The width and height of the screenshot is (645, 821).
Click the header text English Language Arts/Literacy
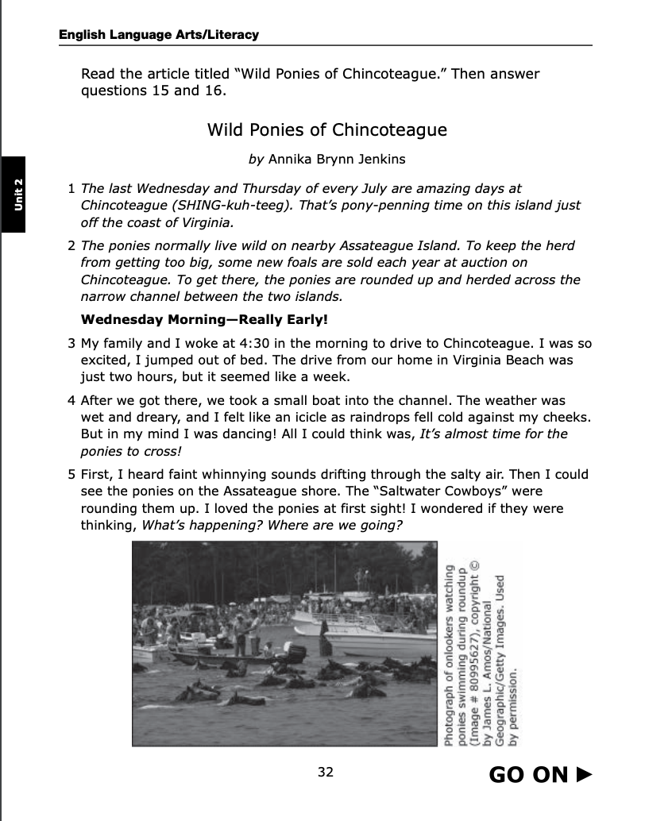tap(159, 35)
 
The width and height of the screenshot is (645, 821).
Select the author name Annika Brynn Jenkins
tap(337, 159)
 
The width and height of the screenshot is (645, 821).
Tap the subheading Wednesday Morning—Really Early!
tap(205, 321)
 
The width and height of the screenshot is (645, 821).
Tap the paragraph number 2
tap(71, 246)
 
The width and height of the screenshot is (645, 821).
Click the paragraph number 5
tap(71, 475)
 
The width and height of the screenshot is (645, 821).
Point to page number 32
tap(325, 772)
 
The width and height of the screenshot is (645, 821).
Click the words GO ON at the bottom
tap(528, 774)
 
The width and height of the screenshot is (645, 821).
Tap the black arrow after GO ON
tap(585, 774)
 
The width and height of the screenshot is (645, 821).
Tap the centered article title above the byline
tap(326, 129)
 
